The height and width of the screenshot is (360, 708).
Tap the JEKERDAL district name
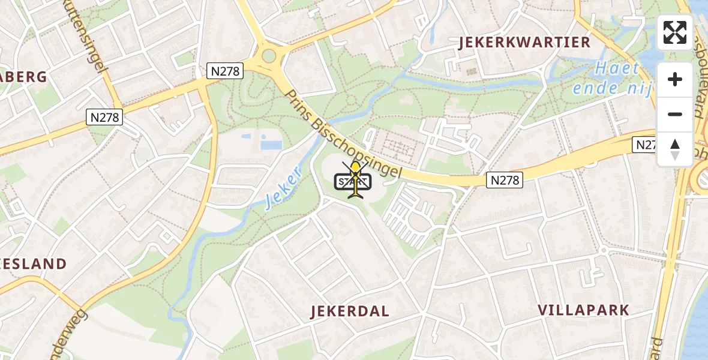coord(350,311)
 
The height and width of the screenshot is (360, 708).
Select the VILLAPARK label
coord(583,310)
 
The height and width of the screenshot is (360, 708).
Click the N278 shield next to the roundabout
coord(225,71)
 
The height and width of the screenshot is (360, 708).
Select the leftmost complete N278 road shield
coord(105,118)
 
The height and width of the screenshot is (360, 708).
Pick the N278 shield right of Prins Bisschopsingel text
coord(505,179)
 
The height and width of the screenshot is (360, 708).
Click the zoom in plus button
coord(675,79)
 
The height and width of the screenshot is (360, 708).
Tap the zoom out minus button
coord(675,114)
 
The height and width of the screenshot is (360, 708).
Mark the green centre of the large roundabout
coord(268,56)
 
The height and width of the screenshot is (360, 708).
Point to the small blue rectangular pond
coord(271,145)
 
